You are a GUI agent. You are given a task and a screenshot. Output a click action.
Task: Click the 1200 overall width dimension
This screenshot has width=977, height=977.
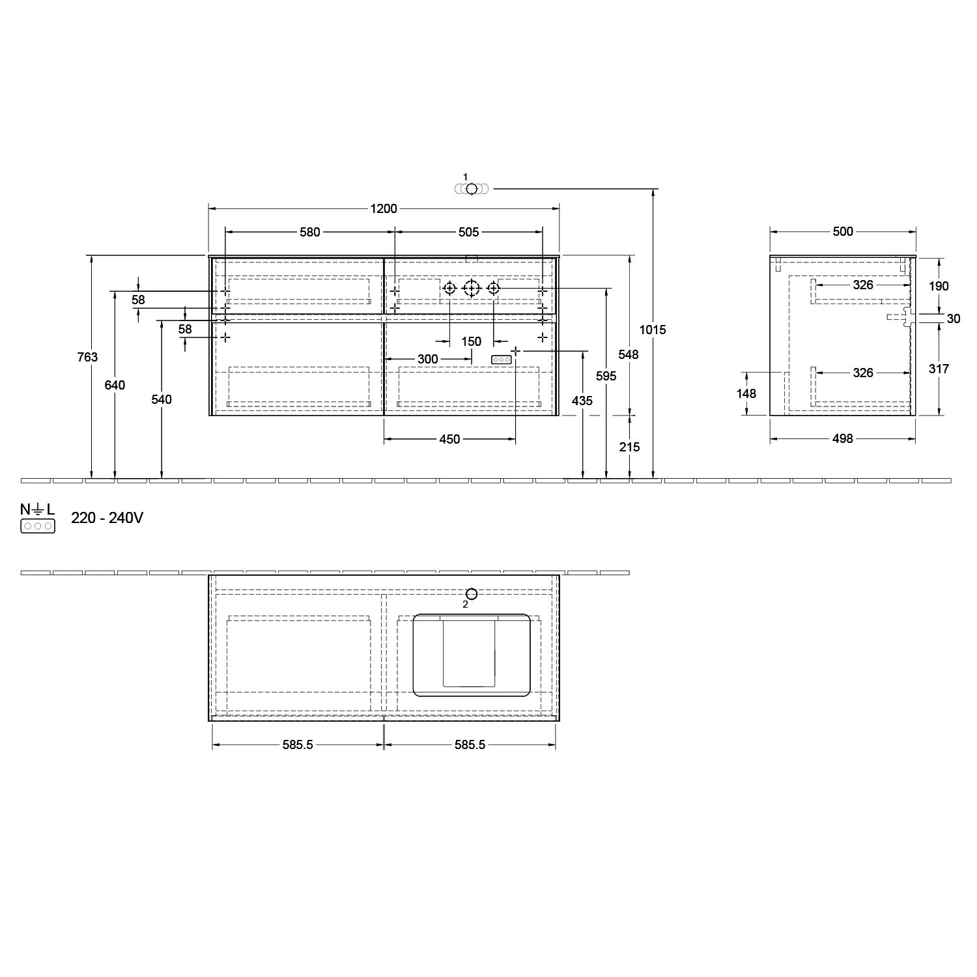(384, 209)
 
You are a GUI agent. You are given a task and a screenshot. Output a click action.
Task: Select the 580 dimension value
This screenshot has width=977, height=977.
(309, 232)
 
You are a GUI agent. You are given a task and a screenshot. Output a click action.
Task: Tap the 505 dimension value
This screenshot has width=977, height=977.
(468, 232)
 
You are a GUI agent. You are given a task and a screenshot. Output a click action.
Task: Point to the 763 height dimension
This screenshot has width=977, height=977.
(87, 357)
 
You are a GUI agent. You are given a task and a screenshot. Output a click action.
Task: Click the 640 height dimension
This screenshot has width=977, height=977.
(115, 385)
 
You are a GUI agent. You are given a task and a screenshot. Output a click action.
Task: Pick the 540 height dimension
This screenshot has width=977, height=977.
(162, 399)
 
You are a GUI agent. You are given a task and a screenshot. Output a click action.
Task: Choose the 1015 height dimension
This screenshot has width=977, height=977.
(653, 330)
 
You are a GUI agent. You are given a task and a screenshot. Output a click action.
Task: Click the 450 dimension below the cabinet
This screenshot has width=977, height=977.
(449, 440)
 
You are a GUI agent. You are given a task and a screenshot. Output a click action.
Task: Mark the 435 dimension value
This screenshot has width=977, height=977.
(582, 401)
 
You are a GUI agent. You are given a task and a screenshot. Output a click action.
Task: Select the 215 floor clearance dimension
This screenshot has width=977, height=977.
(630, 447)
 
